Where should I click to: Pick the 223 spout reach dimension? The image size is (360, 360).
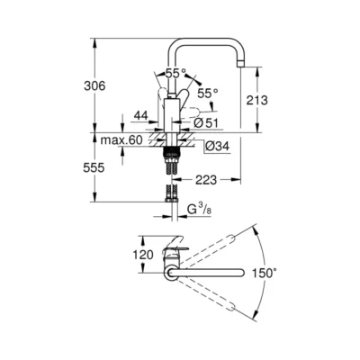click(206, 178)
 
